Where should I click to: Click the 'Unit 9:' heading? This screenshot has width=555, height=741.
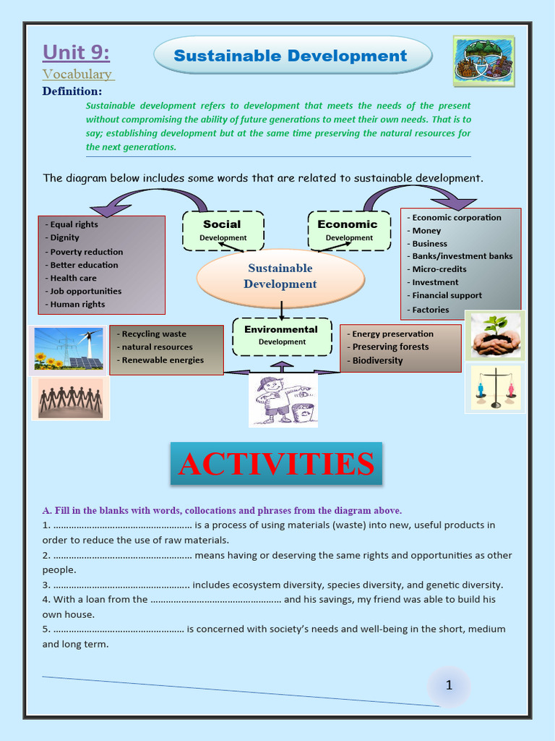coord(76,53)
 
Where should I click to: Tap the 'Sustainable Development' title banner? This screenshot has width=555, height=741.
coord(291,56)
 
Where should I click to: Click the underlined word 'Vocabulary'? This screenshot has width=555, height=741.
coord(77,74)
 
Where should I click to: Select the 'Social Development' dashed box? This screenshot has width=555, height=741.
coord(223,230)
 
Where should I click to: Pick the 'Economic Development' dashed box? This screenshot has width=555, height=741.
coord(348,230)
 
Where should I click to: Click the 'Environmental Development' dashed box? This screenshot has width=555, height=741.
coord(281,336)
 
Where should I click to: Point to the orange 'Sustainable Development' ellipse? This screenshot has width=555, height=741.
coord(280,276)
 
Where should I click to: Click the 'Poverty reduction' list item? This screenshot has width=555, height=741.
coord(86,252)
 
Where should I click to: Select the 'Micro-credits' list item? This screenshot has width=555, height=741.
coord(439,269)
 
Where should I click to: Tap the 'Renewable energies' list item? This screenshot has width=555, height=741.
coord(162,360)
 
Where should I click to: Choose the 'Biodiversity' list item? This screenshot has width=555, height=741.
coord(377,360)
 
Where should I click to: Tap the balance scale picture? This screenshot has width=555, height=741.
coord(496,389)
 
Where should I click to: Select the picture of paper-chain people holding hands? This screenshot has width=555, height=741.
coord(70,399)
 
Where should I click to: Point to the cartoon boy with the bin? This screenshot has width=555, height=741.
coord(283,399)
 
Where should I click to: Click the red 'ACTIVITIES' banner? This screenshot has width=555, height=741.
coord(276,464)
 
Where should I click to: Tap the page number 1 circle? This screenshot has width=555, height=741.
coord(449,685)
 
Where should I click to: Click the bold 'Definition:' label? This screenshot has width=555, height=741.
coord(72,91)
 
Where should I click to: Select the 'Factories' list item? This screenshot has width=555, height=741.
coord(430,310)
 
